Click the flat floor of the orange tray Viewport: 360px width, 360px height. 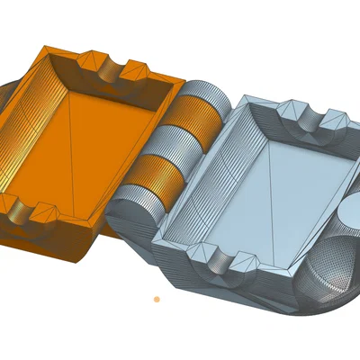(x=99, y=144)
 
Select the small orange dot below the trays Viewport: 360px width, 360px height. (x=157, y=299)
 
